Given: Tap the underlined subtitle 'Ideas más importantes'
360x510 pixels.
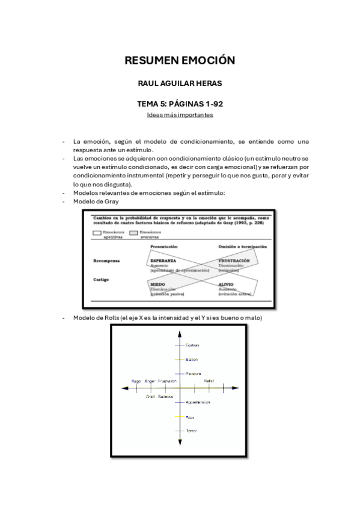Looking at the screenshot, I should pos(180,114).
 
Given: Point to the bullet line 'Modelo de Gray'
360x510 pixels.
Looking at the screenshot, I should pos(96,201).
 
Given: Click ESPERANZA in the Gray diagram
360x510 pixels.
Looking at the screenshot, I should pos(163,261).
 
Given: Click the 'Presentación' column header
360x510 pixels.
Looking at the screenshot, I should pos(165,247).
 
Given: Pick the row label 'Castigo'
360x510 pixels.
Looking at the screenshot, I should pos(102,279).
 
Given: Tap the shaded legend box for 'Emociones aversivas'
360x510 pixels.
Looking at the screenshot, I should pos(133,232).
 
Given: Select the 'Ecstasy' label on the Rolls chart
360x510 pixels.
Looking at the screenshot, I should pos(192,345).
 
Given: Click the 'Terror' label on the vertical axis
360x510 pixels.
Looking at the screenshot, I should pos(191,431).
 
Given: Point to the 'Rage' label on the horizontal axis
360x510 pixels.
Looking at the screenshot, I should pos(136,381).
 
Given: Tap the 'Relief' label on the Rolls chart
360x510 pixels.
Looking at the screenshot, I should pos(209,381).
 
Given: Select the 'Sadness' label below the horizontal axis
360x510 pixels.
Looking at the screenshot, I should pos(166,396).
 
